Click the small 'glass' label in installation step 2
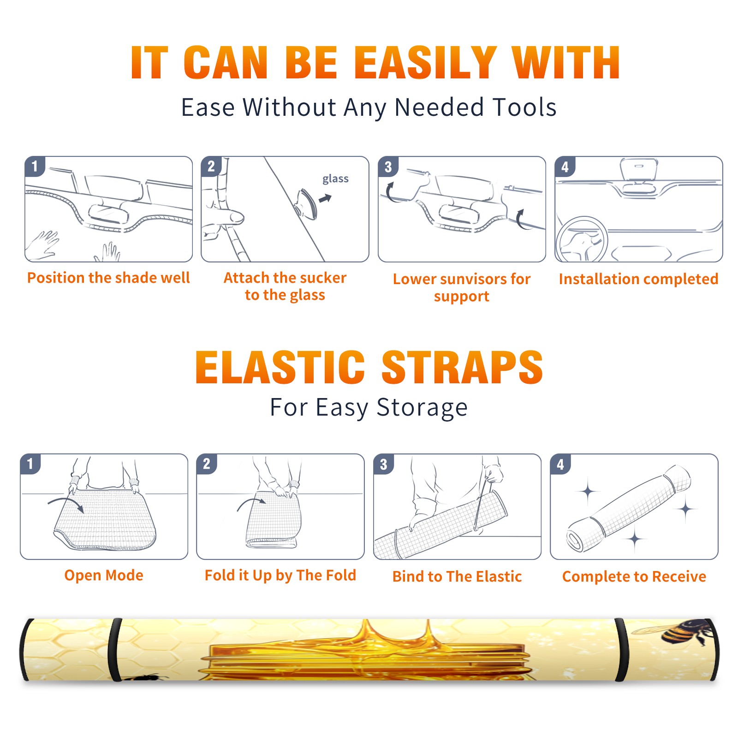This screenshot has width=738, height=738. coord(335,179)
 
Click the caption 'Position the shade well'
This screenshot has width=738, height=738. coord(108,278)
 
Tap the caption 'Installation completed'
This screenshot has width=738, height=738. coord(638,279)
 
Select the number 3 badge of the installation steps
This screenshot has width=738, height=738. coord(388,167)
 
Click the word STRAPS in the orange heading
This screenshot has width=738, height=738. coord(462,367)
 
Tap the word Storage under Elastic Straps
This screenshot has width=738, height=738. coord(422,408)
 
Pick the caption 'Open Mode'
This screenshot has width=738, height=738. coord(104,575)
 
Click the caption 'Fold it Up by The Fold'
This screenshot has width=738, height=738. coord(280,575)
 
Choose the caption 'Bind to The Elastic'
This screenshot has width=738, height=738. coord(457,577)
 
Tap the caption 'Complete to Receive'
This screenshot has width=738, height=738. coord(634,577)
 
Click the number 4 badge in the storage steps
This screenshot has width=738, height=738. coord(560,464)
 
